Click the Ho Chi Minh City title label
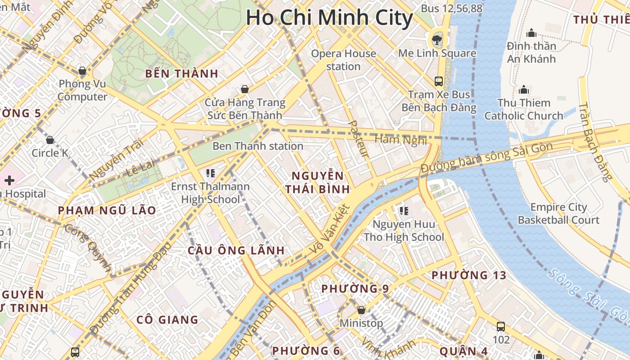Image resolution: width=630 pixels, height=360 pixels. tap(329, 18)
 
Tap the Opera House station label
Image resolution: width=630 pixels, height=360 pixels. tap(343, 60)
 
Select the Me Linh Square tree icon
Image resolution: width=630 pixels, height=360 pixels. tap(436, 40)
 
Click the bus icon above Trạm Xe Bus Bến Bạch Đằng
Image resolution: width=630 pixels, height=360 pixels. tap(439, 81)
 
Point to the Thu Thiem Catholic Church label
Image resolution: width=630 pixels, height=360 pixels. tap(523, 109)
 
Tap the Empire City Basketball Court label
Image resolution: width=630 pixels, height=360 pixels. tap(558, 214)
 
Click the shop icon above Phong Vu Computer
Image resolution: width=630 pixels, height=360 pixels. tap(82, 71)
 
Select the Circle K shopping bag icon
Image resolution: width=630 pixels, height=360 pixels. tap(50, 140)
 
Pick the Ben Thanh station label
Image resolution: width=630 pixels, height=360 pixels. tap(258, 146)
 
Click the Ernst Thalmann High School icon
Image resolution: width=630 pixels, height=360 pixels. tap(210, 172)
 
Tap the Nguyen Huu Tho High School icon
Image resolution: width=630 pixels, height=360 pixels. tap(404, 211)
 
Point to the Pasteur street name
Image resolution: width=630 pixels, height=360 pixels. tap(359, 139)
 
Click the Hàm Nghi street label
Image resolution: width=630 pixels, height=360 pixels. tap(400, 140)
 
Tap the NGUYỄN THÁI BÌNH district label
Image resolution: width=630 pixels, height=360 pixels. tap(318, 182)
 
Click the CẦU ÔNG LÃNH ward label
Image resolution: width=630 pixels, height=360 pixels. tap(236, 251)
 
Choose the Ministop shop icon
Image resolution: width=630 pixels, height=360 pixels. tap(361, 310)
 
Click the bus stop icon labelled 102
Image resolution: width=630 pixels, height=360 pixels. tap(501, 327)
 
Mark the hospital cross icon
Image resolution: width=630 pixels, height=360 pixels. tap(9, 180)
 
